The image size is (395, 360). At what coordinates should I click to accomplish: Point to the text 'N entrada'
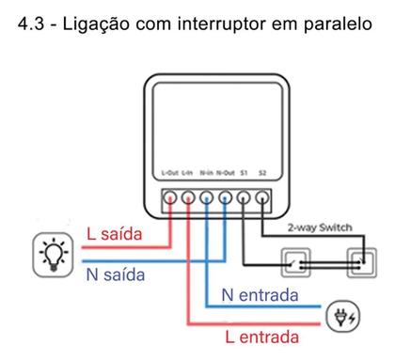[261, 295]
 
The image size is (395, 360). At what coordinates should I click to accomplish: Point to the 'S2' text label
[263, 174]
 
